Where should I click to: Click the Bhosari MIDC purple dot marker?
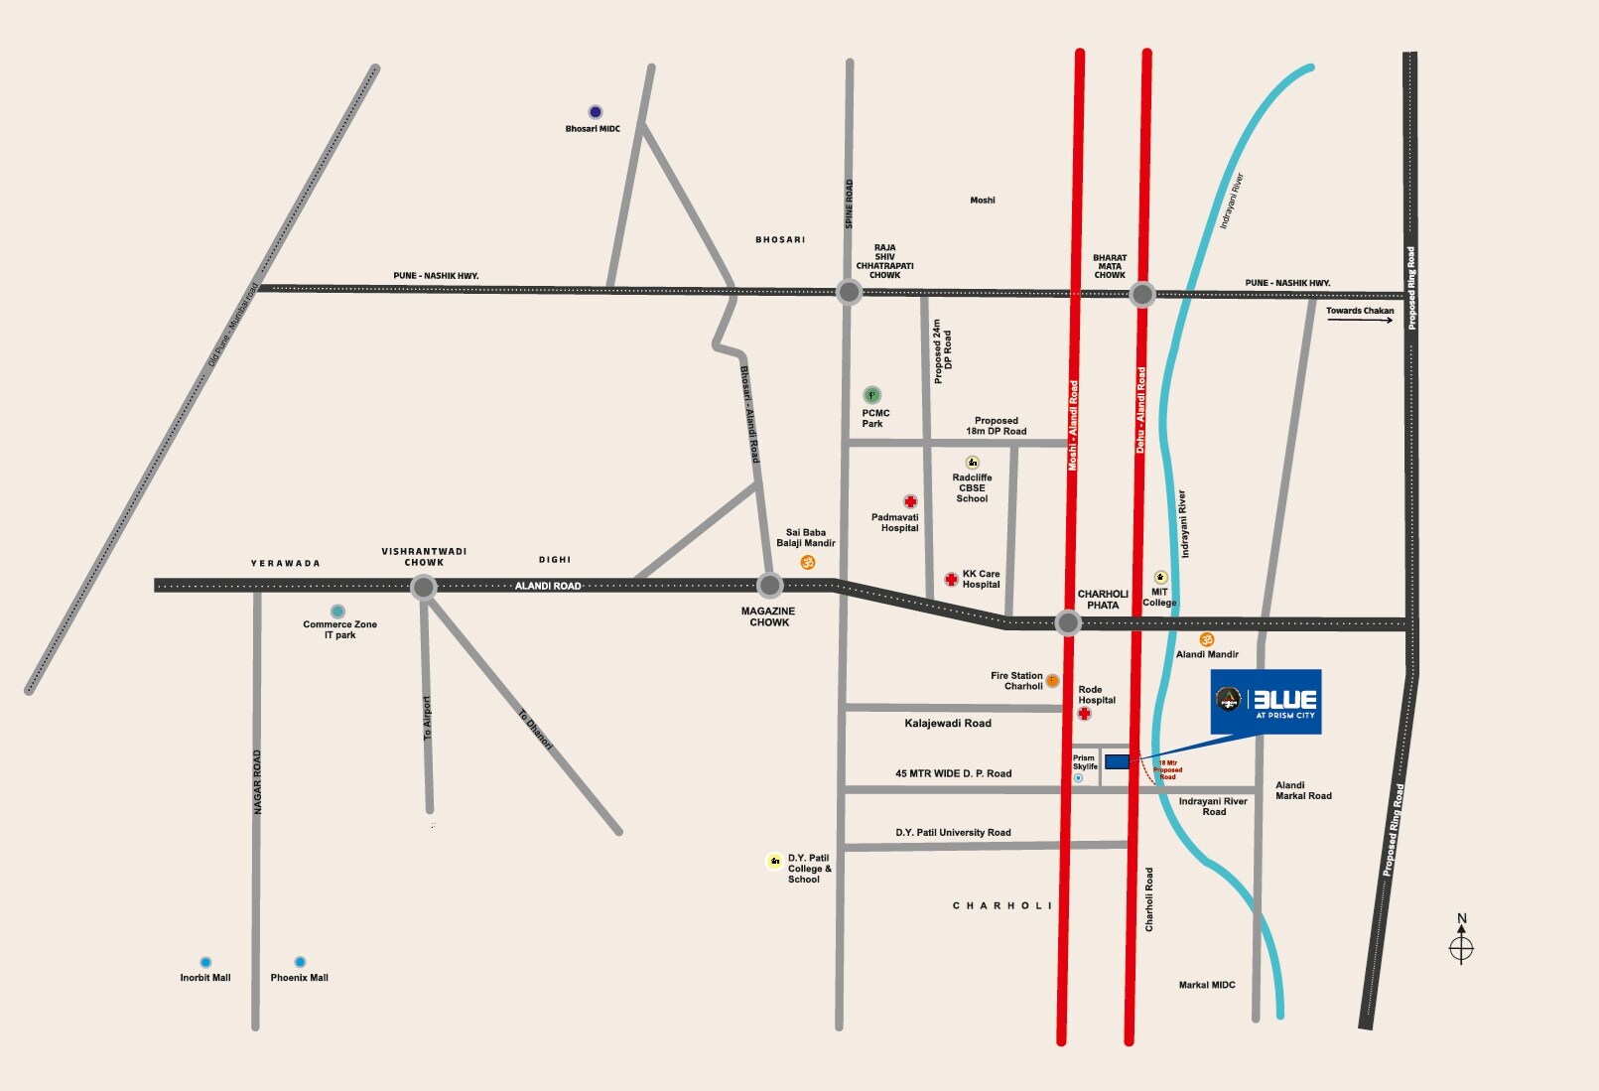(596, 112)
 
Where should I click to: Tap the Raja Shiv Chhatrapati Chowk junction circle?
(850, 292)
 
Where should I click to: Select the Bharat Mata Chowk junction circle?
(1142, 294)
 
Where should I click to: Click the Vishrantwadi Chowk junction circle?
(424, 587)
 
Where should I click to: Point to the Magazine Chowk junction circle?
(770, 586)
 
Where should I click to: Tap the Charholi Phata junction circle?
(1068, 623)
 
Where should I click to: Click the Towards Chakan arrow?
(1360, 320)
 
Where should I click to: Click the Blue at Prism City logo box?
(1266, 702)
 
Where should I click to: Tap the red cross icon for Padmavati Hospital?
(910, 501)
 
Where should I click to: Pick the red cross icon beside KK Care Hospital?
(951, 579)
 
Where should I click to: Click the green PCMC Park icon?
(871, 395)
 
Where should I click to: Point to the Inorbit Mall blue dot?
(205, 962)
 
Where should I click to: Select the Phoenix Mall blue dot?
(300, 962)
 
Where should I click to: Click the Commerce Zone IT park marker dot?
(338, 612)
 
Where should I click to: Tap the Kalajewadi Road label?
(948, 724)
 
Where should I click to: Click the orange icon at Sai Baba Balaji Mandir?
(808, 563)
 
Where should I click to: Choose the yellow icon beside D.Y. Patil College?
(775, 861)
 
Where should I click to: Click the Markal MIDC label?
(1207, 985)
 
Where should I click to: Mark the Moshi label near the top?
(983, 201)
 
